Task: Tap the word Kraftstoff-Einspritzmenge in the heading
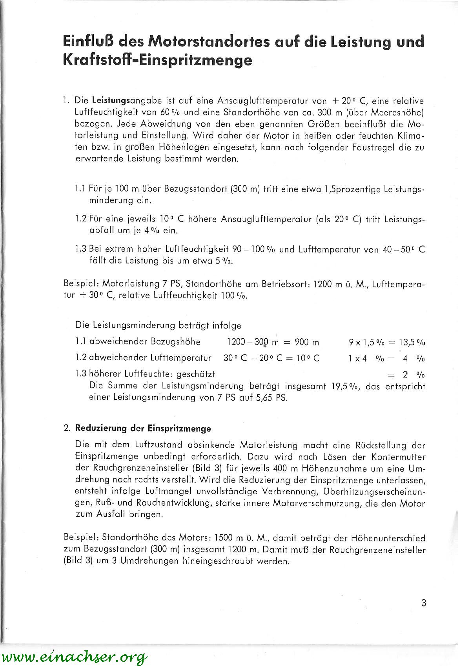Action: point(157,61)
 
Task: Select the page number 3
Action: point(423,603)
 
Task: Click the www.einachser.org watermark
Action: point(75,656)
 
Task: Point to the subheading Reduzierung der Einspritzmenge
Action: point(143,428)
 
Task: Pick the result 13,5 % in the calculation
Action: point(412,342)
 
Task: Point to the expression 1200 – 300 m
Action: point(253,342)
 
